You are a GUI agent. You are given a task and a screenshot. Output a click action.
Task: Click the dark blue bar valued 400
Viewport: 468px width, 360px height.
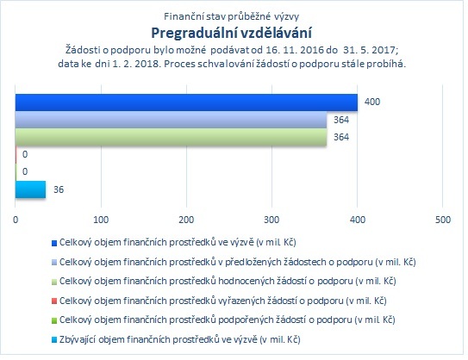[186, 102]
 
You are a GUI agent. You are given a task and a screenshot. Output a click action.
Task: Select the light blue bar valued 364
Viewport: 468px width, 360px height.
[171, 120]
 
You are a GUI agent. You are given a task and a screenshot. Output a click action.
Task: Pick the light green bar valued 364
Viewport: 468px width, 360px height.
[171, 137]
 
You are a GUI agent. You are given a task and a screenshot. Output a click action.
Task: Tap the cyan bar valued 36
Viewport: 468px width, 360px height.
[30, 189]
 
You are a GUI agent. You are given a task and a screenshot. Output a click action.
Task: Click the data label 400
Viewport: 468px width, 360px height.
[372, 102]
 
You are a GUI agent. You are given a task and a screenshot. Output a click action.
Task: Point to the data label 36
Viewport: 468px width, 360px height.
[59, 189]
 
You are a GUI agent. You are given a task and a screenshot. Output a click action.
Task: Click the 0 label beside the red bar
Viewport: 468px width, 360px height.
[25, 154]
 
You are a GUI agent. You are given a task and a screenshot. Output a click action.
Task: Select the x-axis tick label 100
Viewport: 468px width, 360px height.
[101, 220]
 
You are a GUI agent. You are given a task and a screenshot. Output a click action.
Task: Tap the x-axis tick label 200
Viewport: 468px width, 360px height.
[186, 220]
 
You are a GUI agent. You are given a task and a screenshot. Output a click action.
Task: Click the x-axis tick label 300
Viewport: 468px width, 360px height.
[271, 220]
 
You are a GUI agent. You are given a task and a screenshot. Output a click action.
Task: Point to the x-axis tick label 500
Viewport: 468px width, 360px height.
[443, 220]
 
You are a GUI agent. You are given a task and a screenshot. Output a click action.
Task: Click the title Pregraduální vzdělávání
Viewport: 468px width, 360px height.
[231, 33]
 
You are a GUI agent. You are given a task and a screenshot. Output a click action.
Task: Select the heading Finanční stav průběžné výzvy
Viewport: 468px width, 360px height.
[231, 16]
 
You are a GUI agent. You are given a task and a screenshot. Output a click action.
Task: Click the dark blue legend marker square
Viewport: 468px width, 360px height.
[54, 243]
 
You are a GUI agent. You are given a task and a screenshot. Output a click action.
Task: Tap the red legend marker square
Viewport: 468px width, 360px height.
[54, 301]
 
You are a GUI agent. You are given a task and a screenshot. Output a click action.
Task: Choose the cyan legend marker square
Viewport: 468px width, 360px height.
[54, 340]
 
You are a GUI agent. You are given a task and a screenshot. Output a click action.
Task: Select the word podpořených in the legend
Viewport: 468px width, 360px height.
[246, 320]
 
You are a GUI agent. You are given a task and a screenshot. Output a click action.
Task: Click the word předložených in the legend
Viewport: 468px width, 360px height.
[253, 262]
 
